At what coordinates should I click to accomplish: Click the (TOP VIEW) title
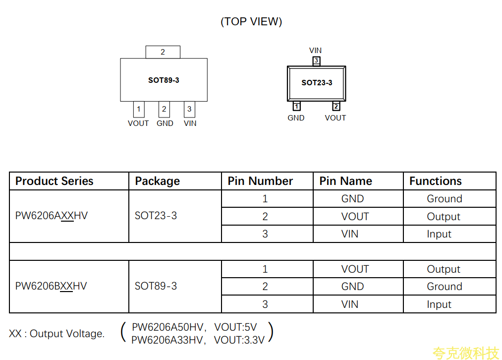(251, 21)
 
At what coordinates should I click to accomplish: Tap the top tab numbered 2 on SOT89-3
(163, 52)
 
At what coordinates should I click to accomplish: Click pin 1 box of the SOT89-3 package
(139, 109)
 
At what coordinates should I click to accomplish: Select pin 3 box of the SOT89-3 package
(189, 109)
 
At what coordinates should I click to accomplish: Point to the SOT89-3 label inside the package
(164, 80)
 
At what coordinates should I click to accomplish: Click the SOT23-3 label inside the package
(317, 83)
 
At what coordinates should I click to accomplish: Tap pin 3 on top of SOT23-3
(316, 60)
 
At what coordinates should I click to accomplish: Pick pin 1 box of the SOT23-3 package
(296, 106)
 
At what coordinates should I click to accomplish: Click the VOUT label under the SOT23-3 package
(335, 118)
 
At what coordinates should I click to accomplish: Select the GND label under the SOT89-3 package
(165, 123)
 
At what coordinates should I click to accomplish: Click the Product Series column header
(55, 181)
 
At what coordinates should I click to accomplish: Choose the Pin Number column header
(260, 181)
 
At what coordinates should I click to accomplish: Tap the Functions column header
(435, 181)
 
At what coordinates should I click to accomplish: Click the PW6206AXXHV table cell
(52, 216)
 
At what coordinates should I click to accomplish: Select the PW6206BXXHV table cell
(51, 286)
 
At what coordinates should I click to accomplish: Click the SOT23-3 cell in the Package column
(156, 216)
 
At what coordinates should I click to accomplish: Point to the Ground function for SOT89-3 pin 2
(444, 287)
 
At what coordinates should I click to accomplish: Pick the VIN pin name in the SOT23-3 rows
(350, 234)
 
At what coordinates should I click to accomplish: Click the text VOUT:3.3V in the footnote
(239, 340)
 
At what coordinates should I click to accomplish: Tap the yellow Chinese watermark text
(465, 353)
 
